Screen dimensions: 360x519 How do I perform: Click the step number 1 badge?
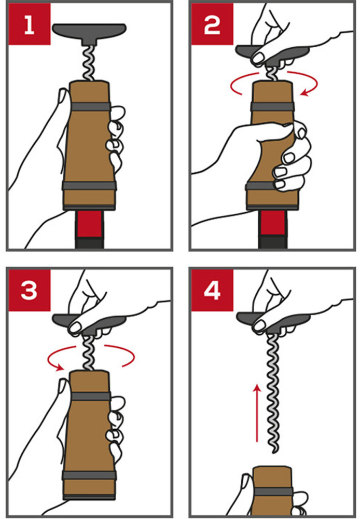[x=30, y=24]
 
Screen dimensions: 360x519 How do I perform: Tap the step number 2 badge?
[x=212, y=24]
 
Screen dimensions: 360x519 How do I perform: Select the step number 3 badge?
[x=30, y=290]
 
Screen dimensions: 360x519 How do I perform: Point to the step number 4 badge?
[x=212, y=290]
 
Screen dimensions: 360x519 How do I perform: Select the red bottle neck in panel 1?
[x=89, y=224]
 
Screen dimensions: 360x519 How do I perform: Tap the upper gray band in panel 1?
[x=90, y=106]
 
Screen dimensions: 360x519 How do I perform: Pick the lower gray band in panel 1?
[x=89, y=186]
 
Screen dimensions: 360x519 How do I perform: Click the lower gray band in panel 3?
[x=89, y=475]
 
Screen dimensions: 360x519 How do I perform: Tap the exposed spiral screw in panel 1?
[x=89, y=63]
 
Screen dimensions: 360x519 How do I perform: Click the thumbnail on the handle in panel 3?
[x=75, y=327]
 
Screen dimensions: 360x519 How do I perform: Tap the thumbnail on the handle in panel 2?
[x=258, y=58]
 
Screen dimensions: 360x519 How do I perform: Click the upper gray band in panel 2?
[x=273, y=106]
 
